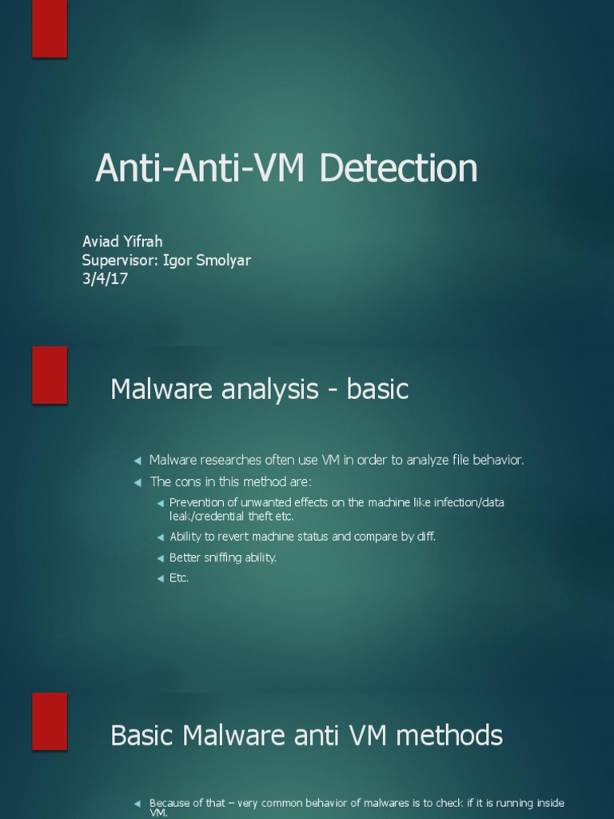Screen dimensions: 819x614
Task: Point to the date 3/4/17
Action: click(105, 279)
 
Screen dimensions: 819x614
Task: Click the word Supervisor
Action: click(118, 260)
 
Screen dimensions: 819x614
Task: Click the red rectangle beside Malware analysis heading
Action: click(50, 375)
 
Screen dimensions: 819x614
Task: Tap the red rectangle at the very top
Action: click(50, 29)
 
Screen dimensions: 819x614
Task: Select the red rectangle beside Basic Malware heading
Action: click(50, 721)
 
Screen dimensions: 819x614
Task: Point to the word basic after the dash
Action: click(377, 390)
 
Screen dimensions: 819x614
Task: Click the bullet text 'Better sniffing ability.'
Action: click(223, 557)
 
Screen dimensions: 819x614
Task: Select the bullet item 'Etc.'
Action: click(179, 577)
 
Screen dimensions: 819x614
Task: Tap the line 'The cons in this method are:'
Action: click(230, 481)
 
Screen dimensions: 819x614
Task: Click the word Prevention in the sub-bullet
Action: click(197, 502)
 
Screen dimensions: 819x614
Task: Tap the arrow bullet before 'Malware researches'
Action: click(138, 461)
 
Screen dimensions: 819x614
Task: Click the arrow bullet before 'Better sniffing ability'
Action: click(161, 558)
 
